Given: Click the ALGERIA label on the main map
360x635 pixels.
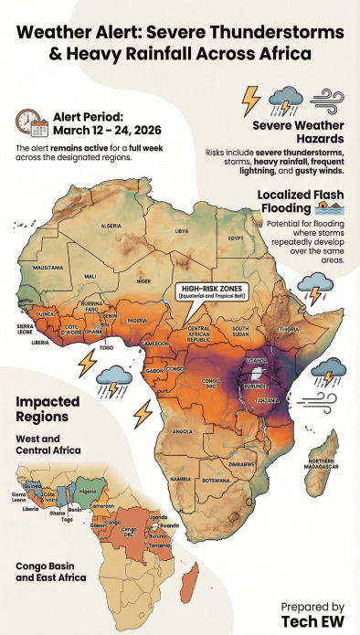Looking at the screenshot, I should (x=111, y=226).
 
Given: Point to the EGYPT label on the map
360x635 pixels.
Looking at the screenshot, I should (x=236, y=238).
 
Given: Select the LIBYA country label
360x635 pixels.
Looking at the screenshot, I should (x=181, y=231).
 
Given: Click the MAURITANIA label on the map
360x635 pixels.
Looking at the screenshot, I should (x=47, y=268).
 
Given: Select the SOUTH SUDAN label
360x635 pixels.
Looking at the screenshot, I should (x=241, y=331).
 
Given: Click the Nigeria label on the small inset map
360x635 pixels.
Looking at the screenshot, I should (x=89, y=491).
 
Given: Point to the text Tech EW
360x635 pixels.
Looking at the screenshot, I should (x=312, y=620).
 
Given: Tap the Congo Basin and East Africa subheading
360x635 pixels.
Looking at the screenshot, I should (x=50, y=571).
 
